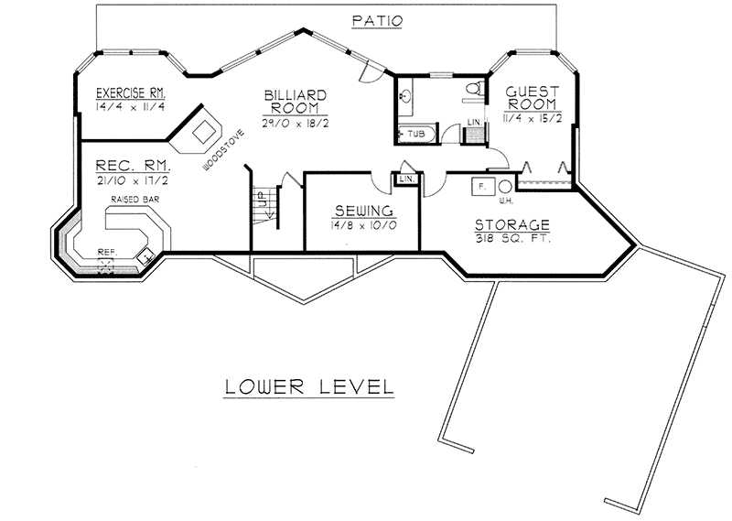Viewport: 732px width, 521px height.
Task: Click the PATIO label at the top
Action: [374, 19]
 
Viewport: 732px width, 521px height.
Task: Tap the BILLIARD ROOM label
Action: [290, 102]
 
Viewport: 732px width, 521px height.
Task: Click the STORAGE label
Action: [511, 223]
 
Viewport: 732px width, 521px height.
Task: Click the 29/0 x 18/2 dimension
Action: [290, 124]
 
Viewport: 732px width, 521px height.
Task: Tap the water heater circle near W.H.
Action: [504, 186]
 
